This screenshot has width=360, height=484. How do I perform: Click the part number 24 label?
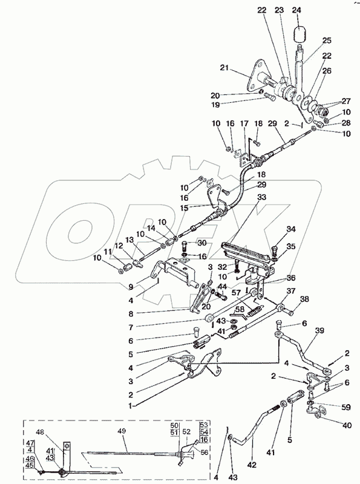(x=296, y=10)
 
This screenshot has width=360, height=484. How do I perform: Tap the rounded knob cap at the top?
(x=299, y=34)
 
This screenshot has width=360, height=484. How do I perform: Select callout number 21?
(x=224, y=67)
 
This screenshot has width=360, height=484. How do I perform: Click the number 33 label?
(x=261, y=197)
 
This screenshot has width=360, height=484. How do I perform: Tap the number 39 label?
(x=319, y=330)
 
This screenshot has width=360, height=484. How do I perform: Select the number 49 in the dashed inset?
(x=122, y=431)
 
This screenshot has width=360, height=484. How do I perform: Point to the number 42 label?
(x=252, y=465)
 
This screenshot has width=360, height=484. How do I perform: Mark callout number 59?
(x=346, y=407)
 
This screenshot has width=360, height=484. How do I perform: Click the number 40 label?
(x=347, y=425)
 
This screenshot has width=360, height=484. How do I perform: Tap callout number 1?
(x=131, y=406)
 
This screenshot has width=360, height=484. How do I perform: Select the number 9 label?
(x=131, y=287)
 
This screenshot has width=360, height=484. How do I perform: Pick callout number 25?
(x=327, y=40)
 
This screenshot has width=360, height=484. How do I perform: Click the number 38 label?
(x=304, y=299)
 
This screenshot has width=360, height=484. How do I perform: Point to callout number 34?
(x=291, y=229)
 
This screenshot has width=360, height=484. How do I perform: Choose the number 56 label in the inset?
(x=204, y=452)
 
